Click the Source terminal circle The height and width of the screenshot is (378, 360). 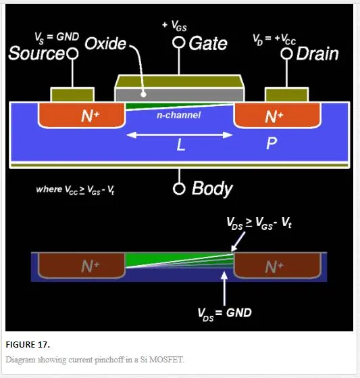72,53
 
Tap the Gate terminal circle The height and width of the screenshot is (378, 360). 179,43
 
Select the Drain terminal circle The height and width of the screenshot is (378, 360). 286,53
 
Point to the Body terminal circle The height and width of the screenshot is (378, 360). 179,189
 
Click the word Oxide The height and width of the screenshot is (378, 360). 105,44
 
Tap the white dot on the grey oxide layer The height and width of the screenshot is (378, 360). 143,95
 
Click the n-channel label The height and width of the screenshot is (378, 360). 178,115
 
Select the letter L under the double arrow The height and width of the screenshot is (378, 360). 181,145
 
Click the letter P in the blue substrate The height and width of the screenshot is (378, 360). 272,143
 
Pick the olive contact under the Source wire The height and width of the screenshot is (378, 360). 72,95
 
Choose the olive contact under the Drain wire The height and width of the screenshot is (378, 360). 286,95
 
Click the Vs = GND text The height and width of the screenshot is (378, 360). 57,38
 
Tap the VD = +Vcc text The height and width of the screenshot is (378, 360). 274,39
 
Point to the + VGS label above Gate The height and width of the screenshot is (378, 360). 174,26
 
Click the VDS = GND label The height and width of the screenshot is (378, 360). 224,314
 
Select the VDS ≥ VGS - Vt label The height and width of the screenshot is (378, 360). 259,223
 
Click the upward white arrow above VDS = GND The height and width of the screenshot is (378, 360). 224,289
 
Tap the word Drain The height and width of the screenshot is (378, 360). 317,54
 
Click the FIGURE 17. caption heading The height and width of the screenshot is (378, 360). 28,344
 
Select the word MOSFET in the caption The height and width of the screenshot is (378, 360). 166,360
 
